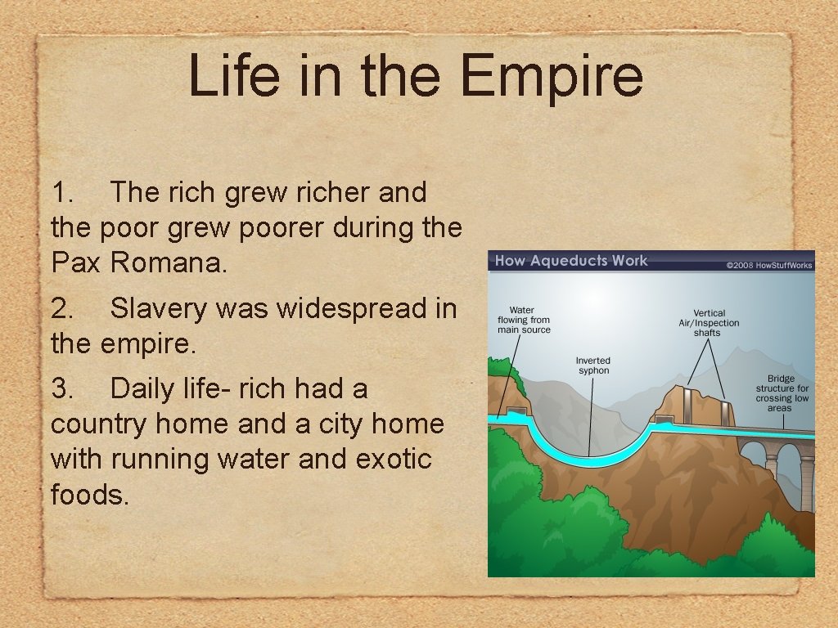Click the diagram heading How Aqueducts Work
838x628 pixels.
point(570,262)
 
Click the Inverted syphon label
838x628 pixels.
point(592,366)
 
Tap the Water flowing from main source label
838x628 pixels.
point(524,320)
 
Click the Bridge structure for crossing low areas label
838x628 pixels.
point(782,393)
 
